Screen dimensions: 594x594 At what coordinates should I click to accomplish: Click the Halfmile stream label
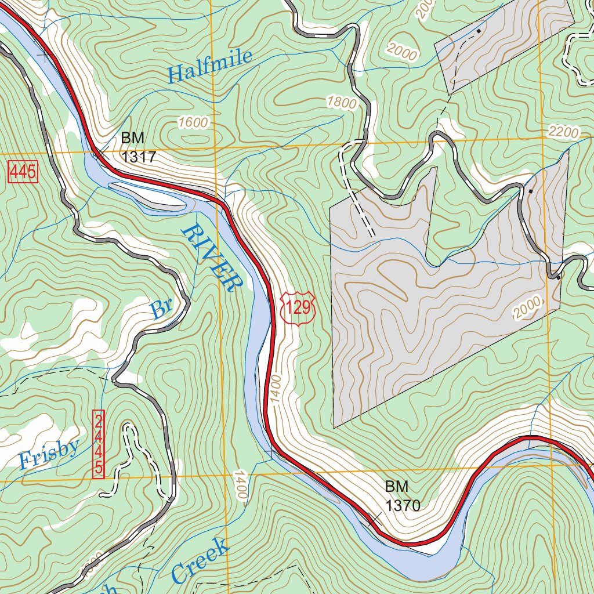(210, 66)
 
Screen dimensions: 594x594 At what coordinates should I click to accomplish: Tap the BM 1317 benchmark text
(139, 147)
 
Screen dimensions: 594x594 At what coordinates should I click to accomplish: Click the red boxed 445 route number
(23, 172)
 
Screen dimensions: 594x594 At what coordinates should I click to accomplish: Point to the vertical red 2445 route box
(99, 444)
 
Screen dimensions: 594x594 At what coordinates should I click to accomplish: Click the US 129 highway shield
(298, 307)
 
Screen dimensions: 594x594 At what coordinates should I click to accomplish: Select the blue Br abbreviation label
(160, 309)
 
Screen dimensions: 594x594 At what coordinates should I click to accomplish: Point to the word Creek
(200, 560)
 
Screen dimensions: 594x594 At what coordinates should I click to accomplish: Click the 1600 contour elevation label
(193, 123)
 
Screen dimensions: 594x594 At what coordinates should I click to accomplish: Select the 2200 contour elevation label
(563, 133)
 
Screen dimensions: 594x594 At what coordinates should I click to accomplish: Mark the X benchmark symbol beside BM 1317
(97, 153)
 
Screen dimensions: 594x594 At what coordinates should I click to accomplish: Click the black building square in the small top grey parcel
(479, 31)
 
